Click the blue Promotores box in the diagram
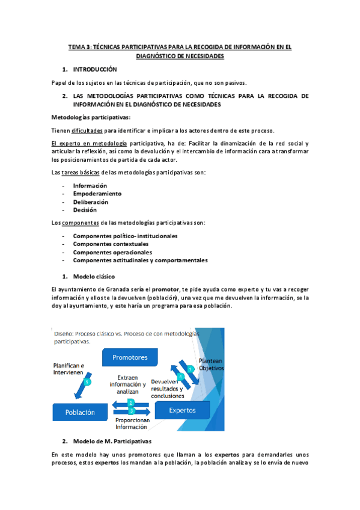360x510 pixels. [x=129, y=357]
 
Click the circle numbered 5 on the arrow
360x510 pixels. [x=88, y=382]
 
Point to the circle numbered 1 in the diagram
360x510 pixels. [x=190, y=368]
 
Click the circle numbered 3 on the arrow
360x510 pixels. [x=130, y=410]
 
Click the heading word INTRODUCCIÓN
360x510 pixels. [x=95, y=70]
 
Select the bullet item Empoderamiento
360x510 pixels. [x=97, y=194]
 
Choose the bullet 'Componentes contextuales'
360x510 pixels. [x=111, y=244]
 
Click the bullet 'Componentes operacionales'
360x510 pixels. [x=112, y=253]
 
